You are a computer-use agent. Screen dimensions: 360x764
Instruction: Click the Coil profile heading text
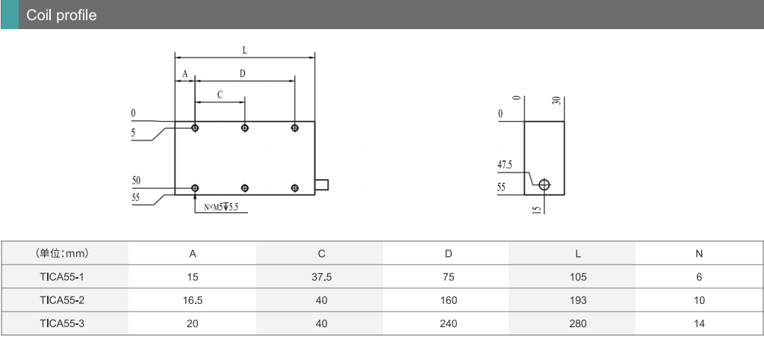(x=61, y=15)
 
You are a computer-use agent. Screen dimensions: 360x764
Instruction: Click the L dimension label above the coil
(x=245, y=50)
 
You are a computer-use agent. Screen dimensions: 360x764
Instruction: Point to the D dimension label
(x=243, y=73)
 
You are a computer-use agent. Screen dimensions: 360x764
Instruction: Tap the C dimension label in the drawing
(x=220, y=95)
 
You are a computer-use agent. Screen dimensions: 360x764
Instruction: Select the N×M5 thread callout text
(x=221, y=208)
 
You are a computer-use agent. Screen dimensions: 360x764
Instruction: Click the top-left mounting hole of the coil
(x=195, y=128)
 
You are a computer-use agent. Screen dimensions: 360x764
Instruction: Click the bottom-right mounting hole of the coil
(x=294, y=187)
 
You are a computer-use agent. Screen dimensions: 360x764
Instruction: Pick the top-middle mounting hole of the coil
(x=245, y=128)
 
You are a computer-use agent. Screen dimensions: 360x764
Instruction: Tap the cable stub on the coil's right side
(x=322, y=184)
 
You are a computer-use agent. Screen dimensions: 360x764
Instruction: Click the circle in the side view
(x=544, y=184)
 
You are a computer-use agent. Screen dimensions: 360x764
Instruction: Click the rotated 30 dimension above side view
(x=557, y=101)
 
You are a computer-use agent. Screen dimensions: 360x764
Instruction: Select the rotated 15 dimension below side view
(x=536, y=209)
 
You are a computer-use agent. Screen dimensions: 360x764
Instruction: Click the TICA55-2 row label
(x=63, y=300)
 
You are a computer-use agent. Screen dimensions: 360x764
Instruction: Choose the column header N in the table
(x=699, y=253)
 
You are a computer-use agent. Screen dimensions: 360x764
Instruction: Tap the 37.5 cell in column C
(x=321, y=277)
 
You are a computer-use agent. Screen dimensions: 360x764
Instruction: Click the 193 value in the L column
(x=577, y=300)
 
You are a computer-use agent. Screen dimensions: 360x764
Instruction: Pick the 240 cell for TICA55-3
(x=448, y=323)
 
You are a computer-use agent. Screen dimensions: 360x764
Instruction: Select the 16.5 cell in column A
(x=193, y=300)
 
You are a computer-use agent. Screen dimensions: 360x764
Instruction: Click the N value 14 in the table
(x=699, y=323)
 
